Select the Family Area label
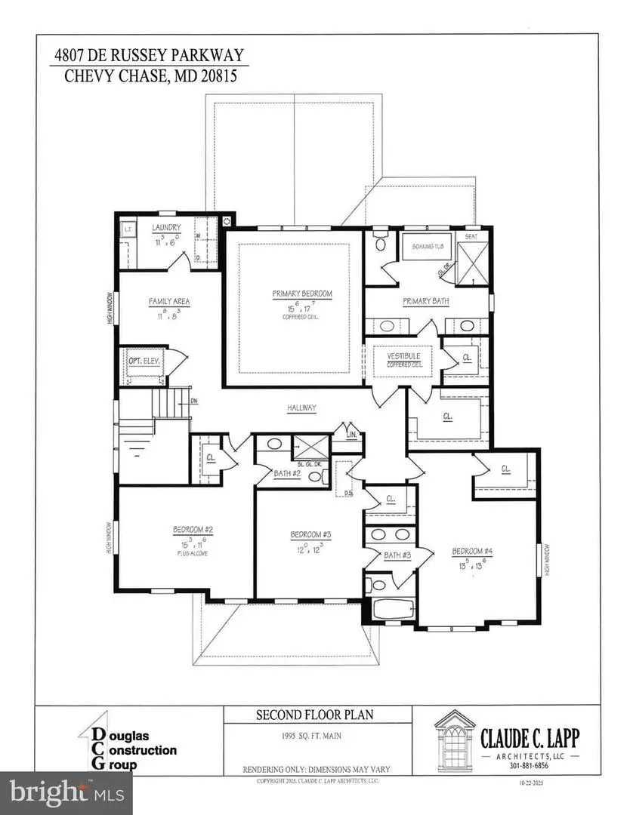pos(168,301)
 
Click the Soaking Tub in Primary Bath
pos(422,247)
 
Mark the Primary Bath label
pos(426,301)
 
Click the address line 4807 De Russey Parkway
pos(149,55)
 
